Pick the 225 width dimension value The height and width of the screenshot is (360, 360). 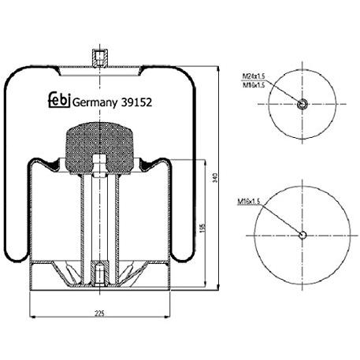click(x=100, y=314)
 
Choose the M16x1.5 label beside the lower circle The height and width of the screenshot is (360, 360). click(x=250, y=202)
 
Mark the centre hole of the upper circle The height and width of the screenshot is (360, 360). click(x=303, y=105)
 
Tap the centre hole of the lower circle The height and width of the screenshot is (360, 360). click(x=303, y=234)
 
